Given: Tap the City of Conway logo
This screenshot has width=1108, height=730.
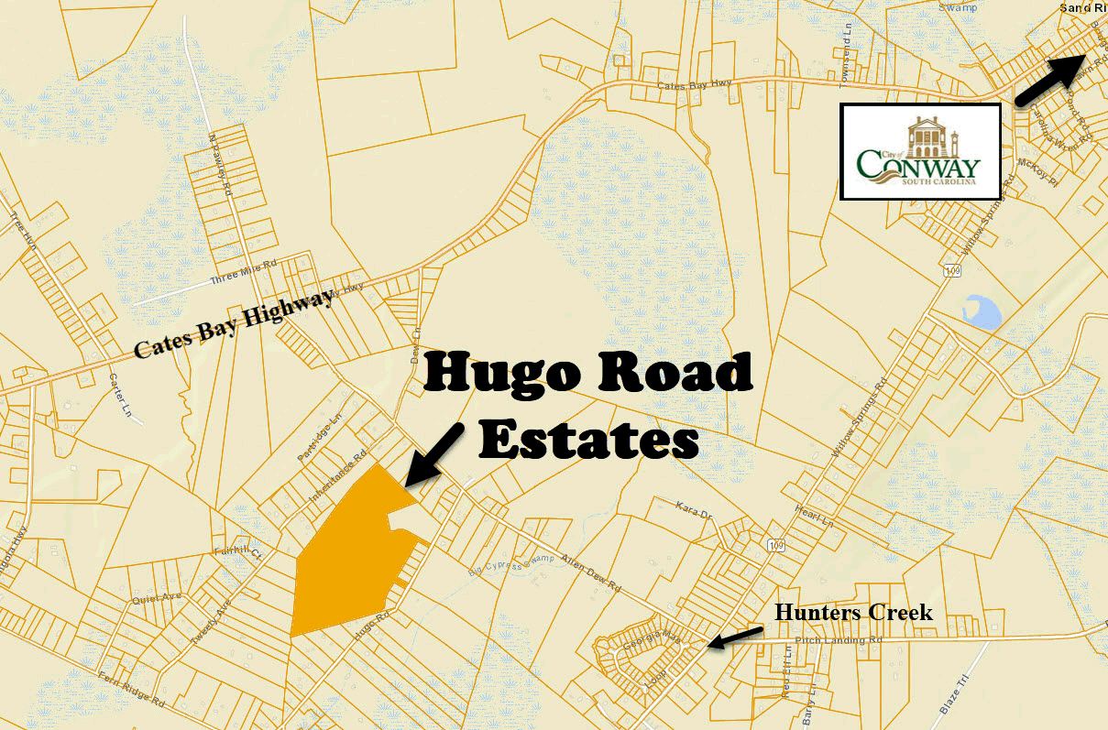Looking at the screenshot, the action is pos(920,151).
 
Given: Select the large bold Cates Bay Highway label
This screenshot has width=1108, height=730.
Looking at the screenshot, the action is pos(234,323).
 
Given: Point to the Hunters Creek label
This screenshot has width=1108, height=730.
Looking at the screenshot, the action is pos(853,612).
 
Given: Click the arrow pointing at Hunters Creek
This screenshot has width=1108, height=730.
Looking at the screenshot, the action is pos(735,637).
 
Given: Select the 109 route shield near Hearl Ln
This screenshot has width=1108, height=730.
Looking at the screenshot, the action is pos(776,546).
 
